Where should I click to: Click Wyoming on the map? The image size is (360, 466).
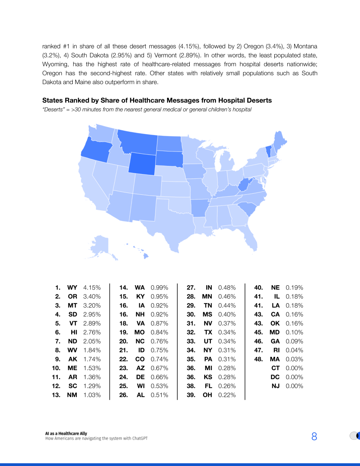point(142,163)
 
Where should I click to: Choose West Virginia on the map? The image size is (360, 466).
point(245,185)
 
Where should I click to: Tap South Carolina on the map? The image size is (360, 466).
point(247,209)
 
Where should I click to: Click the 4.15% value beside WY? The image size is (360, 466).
point(92,288)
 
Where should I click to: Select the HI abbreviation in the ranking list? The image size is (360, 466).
point(74,332)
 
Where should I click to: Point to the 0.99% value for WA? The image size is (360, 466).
point(159,288)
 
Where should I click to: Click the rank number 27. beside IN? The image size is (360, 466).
point(191,288)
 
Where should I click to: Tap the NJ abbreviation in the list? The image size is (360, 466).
point(275,386)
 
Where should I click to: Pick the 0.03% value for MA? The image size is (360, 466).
point(294,359)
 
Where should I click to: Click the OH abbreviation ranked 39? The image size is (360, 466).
point(207,395)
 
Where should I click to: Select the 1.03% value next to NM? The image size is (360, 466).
point(92,395)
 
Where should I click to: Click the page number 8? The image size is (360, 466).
point(314,436)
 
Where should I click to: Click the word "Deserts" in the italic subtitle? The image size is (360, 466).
point(53,110)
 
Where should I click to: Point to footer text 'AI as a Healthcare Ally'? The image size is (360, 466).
point(66,433)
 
